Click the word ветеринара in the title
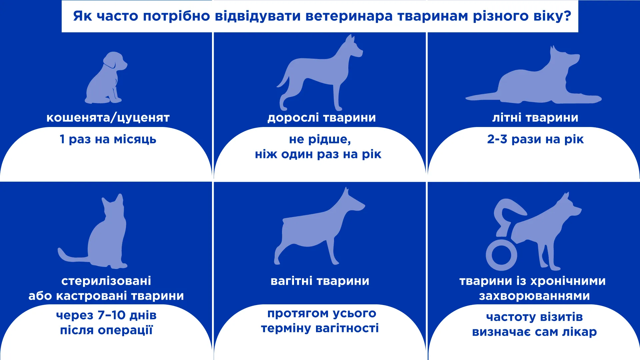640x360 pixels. [349, 16]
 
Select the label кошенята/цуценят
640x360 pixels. [108, 118]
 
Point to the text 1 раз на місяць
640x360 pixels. [108, 139]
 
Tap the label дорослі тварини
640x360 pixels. [322, 118]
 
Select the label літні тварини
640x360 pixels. [535, 118]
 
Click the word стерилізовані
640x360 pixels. [106, 281]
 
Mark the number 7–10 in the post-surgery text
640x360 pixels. [111, 315]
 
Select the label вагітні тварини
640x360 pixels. [320, 281]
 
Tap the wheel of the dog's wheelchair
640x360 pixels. [501, 255]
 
